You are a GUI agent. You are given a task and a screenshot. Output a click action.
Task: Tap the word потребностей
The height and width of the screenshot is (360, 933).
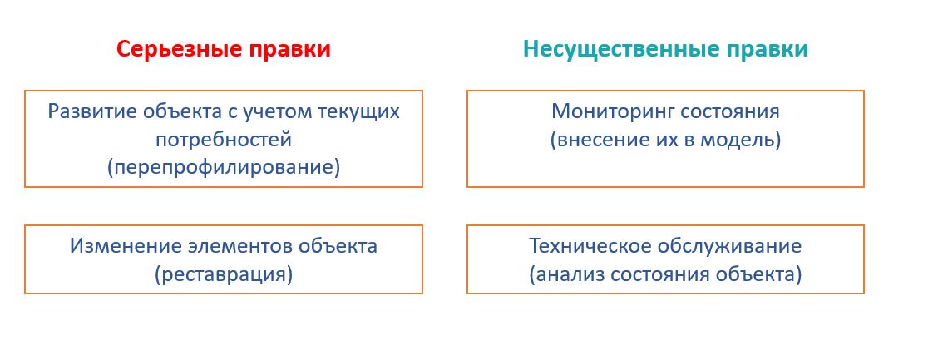[x=224, y=140]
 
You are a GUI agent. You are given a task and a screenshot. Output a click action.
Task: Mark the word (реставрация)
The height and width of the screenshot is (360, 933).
[x=224, y=275]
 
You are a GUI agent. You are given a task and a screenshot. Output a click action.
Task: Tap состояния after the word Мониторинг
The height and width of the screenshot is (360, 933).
[x=730, y=112]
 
